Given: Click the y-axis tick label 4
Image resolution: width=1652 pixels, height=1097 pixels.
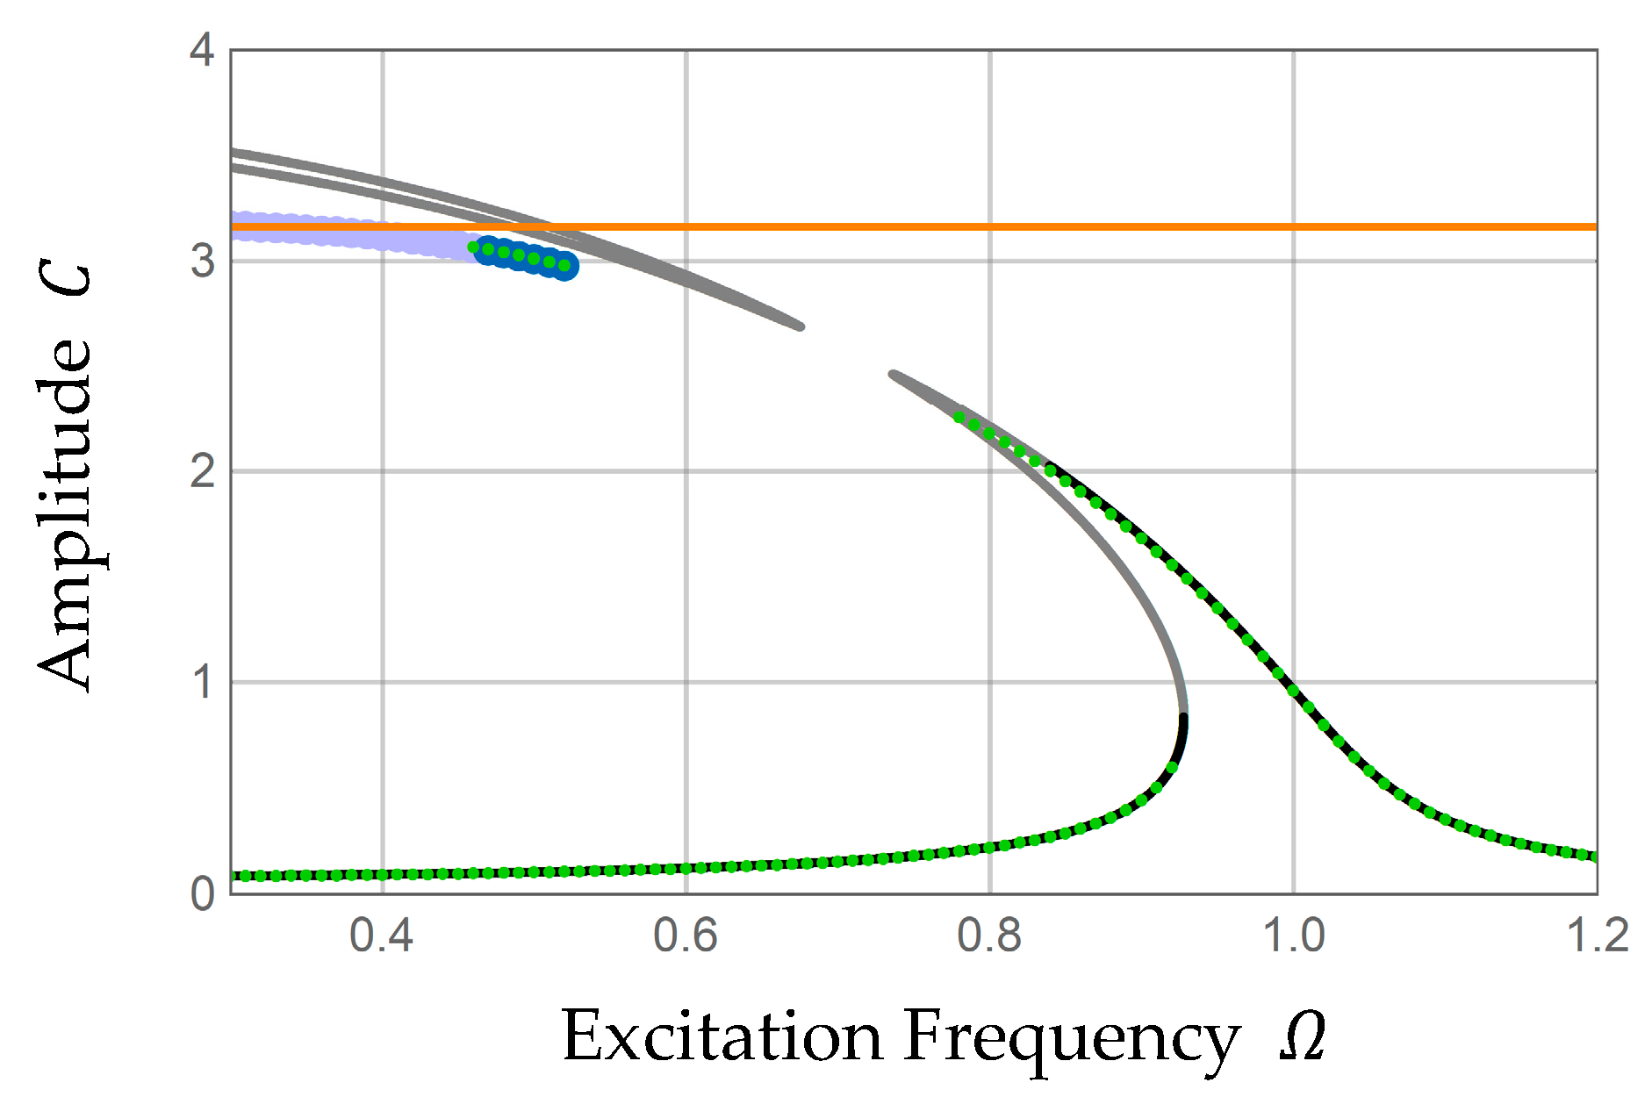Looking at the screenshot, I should [x=202, y=50].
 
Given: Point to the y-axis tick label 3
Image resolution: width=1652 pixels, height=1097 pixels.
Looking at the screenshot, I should [x=202, y=261].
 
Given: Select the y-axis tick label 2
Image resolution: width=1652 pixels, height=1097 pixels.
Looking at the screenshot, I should [x=202, y=471].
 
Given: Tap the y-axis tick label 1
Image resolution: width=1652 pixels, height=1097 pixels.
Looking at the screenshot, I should [x=202, y=682].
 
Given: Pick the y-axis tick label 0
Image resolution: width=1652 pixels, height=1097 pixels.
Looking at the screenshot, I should [x=202, y=893].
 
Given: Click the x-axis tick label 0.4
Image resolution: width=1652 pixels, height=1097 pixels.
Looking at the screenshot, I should [x=381, y=936].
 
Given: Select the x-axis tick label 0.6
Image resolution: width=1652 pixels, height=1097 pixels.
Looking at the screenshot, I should [x=685, y=936].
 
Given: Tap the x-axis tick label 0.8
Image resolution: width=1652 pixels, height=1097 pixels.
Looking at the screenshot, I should [x=989, y=936].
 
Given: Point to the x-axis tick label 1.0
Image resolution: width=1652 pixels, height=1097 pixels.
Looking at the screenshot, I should [x=1293, y=936].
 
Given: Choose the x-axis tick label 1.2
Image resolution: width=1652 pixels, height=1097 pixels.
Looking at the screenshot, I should [x=1597, y=936].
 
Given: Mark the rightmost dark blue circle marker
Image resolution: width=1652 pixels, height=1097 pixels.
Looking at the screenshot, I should [x=565, y=266].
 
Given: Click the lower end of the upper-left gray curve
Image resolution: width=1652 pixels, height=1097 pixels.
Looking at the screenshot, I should [x=799, y=326].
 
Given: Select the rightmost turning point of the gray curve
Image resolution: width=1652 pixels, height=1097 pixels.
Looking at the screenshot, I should [x=1184, y=711].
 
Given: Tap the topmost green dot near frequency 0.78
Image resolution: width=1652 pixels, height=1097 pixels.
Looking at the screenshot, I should [x=959, y=418].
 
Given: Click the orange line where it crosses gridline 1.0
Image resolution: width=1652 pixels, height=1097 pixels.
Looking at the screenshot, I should [x=1293, y=226].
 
